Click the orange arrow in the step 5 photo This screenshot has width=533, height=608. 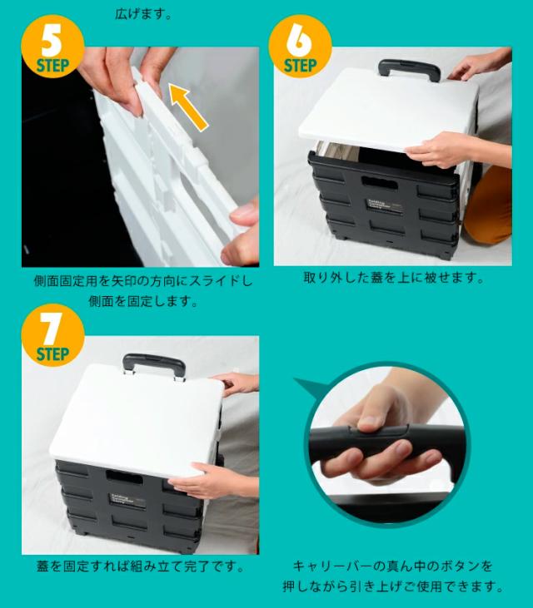click(189, 108)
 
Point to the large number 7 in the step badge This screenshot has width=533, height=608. click(51, 329)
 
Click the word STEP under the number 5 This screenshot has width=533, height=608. click(52, 66)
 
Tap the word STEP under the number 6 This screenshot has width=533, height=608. click(300, 66)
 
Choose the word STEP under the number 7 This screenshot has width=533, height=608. click(52, 354)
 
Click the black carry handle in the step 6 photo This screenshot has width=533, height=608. click(409, 70)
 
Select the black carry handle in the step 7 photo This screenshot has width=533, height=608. click(154, 365)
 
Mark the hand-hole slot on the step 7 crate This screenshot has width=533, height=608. click(125, 477)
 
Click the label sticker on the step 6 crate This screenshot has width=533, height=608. click(385, 206)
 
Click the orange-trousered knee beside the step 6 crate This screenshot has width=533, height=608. click(488, 205)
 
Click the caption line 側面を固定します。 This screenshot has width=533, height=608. click(143, 300)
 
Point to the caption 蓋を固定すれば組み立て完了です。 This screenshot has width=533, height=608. click(140, 566)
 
